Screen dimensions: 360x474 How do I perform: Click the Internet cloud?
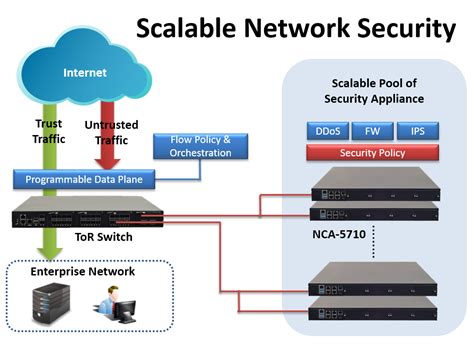point(84,73)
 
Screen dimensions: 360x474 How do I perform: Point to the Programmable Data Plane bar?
point(89,181)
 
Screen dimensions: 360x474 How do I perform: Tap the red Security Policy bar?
point(371,153)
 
